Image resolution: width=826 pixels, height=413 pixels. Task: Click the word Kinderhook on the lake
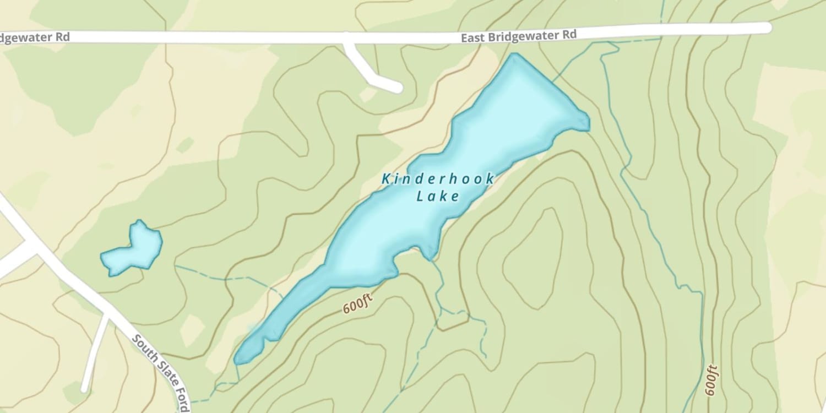pyautogui.click(x=438, y=179)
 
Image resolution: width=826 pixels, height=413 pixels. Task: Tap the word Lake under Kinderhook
pyautogui.click(x=438, y=196)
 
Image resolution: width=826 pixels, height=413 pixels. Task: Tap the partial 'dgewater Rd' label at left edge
pyautogui.click(x=34, y=37)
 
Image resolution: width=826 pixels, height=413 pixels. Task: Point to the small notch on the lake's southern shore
pyautogui.click(x=428, y=253)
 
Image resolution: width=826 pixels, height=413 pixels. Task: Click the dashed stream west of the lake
pyautogui.click(x=220, y=278)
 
